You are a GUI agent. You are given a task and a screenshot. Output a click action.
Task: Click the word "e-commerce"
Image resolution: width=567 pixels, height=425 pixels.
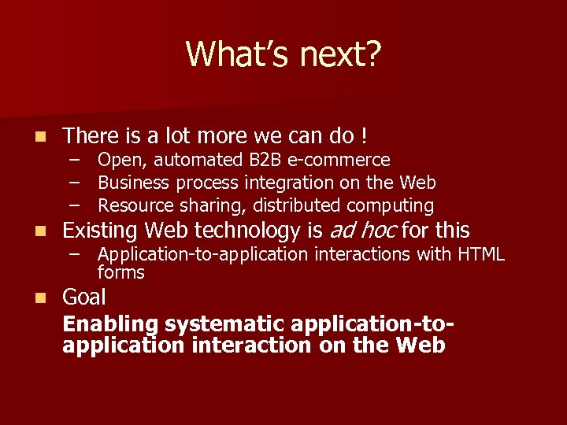pos(339,161)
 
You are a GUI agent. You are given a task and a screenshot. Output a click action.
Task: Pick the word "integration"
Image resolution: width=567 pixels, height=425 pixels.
pos(281,183)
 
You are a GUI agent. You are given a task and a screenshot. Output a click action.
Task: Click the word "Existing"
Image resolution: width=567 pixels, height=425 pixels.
pos(100,231)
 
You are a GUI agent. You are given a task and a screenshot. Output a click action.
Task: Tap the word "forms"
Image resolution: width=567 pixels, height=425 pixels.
pos(121,273)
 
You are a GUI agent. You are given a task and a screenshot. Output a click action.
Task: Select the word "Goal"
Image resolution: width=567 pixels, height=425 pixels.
pos(84,297)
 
